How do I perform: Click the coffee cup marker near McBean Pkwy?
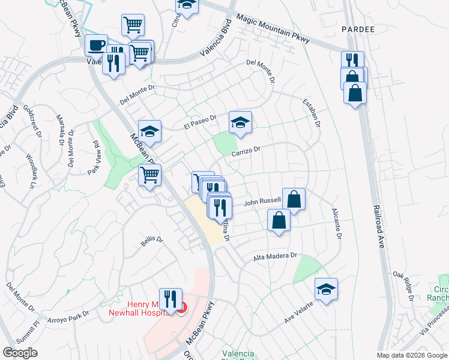coord(96,45)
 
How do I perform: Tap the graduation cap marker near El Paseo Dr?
coord(240,123)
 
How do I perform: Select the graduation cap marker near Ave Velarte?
coord(326,289)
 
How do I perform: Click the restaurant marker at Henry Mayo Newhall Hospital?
coord(170,298)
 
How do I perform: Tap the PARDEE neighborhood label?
coord(358,29)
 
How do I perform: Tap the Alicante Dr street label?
coord(336,224)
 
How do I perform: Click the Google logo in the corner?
coord(20,353)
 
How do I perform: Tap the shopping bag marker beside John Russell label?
coord(294,199)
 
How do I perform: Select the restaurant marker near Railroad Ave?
coord(352,60)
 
